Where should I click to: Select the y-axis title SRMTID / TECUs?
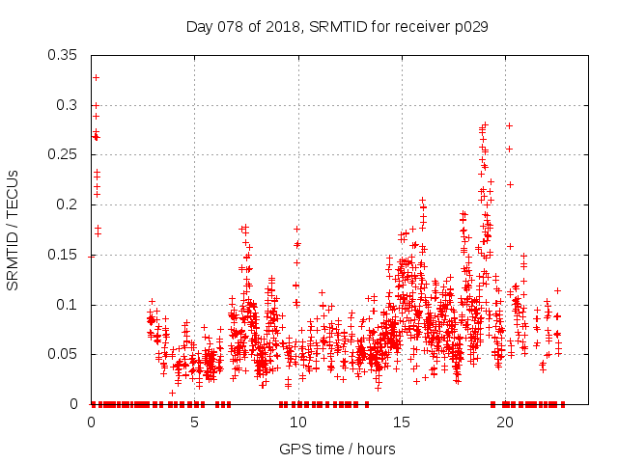[14, 229]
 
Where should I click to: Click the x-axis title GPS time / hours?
[338, 449]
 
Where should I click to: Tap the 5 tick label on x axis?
[195, 422]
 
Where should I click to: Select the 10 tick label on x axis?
[298, 422]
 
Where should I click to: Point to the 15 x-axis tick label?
[402, 422]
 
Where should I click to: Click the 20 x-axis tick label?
[505, 422]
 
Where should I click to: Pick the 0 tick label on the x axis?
[92, 422]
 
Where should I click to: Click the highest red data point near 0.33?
[96, 77]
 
